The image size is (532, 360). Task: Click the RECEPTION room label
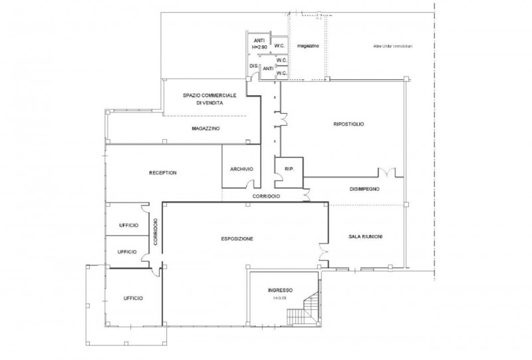[163, 173]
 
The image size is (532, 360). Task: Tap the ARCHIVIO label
[242, 169]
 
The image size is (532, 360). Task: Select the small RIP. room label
[289, 169]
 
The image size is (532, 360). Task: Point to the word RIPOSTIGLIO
[348, 124]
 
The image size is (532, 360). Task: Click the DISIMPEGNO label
[364, 189]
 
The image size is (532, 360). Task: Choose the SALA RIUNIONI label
[365, 237]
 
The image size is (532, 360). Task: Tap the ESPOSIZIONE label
[237, 239]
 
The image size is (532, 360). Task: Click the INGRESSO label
[280, 291]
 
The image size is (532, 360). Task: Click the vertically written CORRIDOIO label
[155, 232]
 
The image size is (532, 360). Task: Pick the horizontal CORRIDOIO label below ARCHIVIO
[265, 197]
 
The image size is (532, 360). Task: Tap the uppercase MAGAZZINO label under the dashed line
[205, 128]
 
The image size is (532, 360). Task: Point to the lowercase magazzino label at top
[309, 46]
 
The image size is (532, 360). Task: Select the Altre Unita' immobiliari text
[392, 46]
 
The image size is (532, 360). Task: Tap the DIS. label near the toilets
[253, 67]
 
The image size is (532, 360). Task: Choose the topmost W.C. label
[279, 46]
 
